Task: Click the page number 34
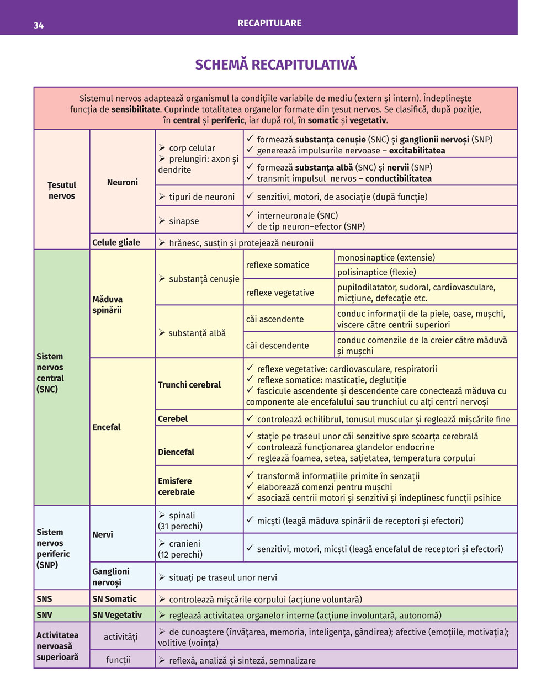(38, 25)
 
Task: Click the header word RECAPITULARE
(269, 23)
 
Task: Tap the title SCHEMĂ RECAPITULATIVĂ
(276, 65)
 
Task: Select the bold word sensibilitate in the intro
(135, 109)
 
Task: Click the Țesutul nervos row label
(62, 190)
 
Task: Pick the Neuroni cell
(123, 182)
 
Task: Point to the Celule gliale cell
(116, 242)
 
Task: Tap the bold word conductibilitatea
(398, 178)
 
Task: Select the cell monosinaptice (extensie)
(386, 257)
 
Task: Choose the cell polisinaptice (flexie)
(376, 272)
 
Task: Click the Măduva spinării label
(108, 305)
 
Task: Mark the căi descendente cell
(277, 346)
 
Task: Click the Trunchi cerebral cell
(189, 385)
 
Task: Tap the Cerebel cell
(173, 418)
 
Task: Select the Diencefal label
(176, 452)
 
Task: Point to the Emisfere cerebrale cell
(176, 486)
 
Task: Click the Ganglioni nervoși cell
(111, 577)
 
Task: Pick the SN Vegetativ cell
(117, 615)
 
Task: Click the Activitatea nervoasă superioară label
(57, 646)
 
